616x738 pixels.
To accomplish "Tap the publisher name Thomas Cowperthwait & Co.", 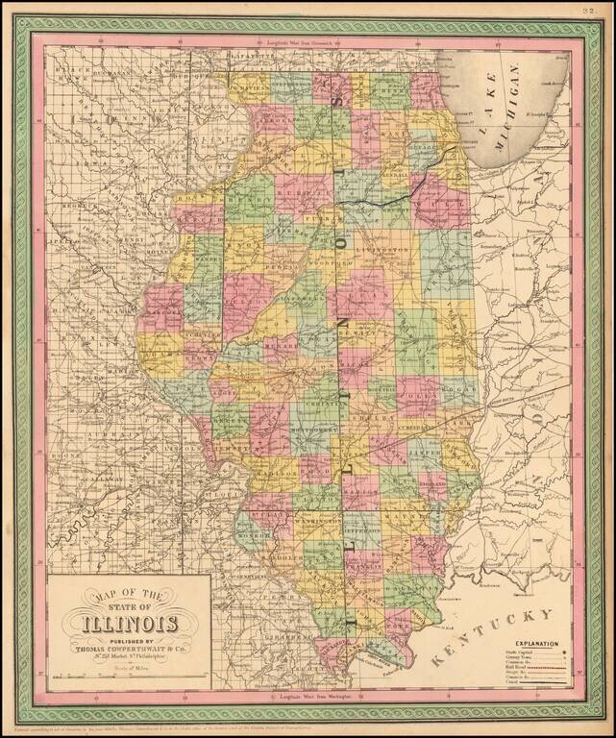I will pos(128,647).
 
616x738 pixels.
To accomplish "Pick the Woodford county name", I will pos(332,261).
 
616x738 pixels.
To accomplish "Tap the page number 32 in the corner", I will pos(590,12).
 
